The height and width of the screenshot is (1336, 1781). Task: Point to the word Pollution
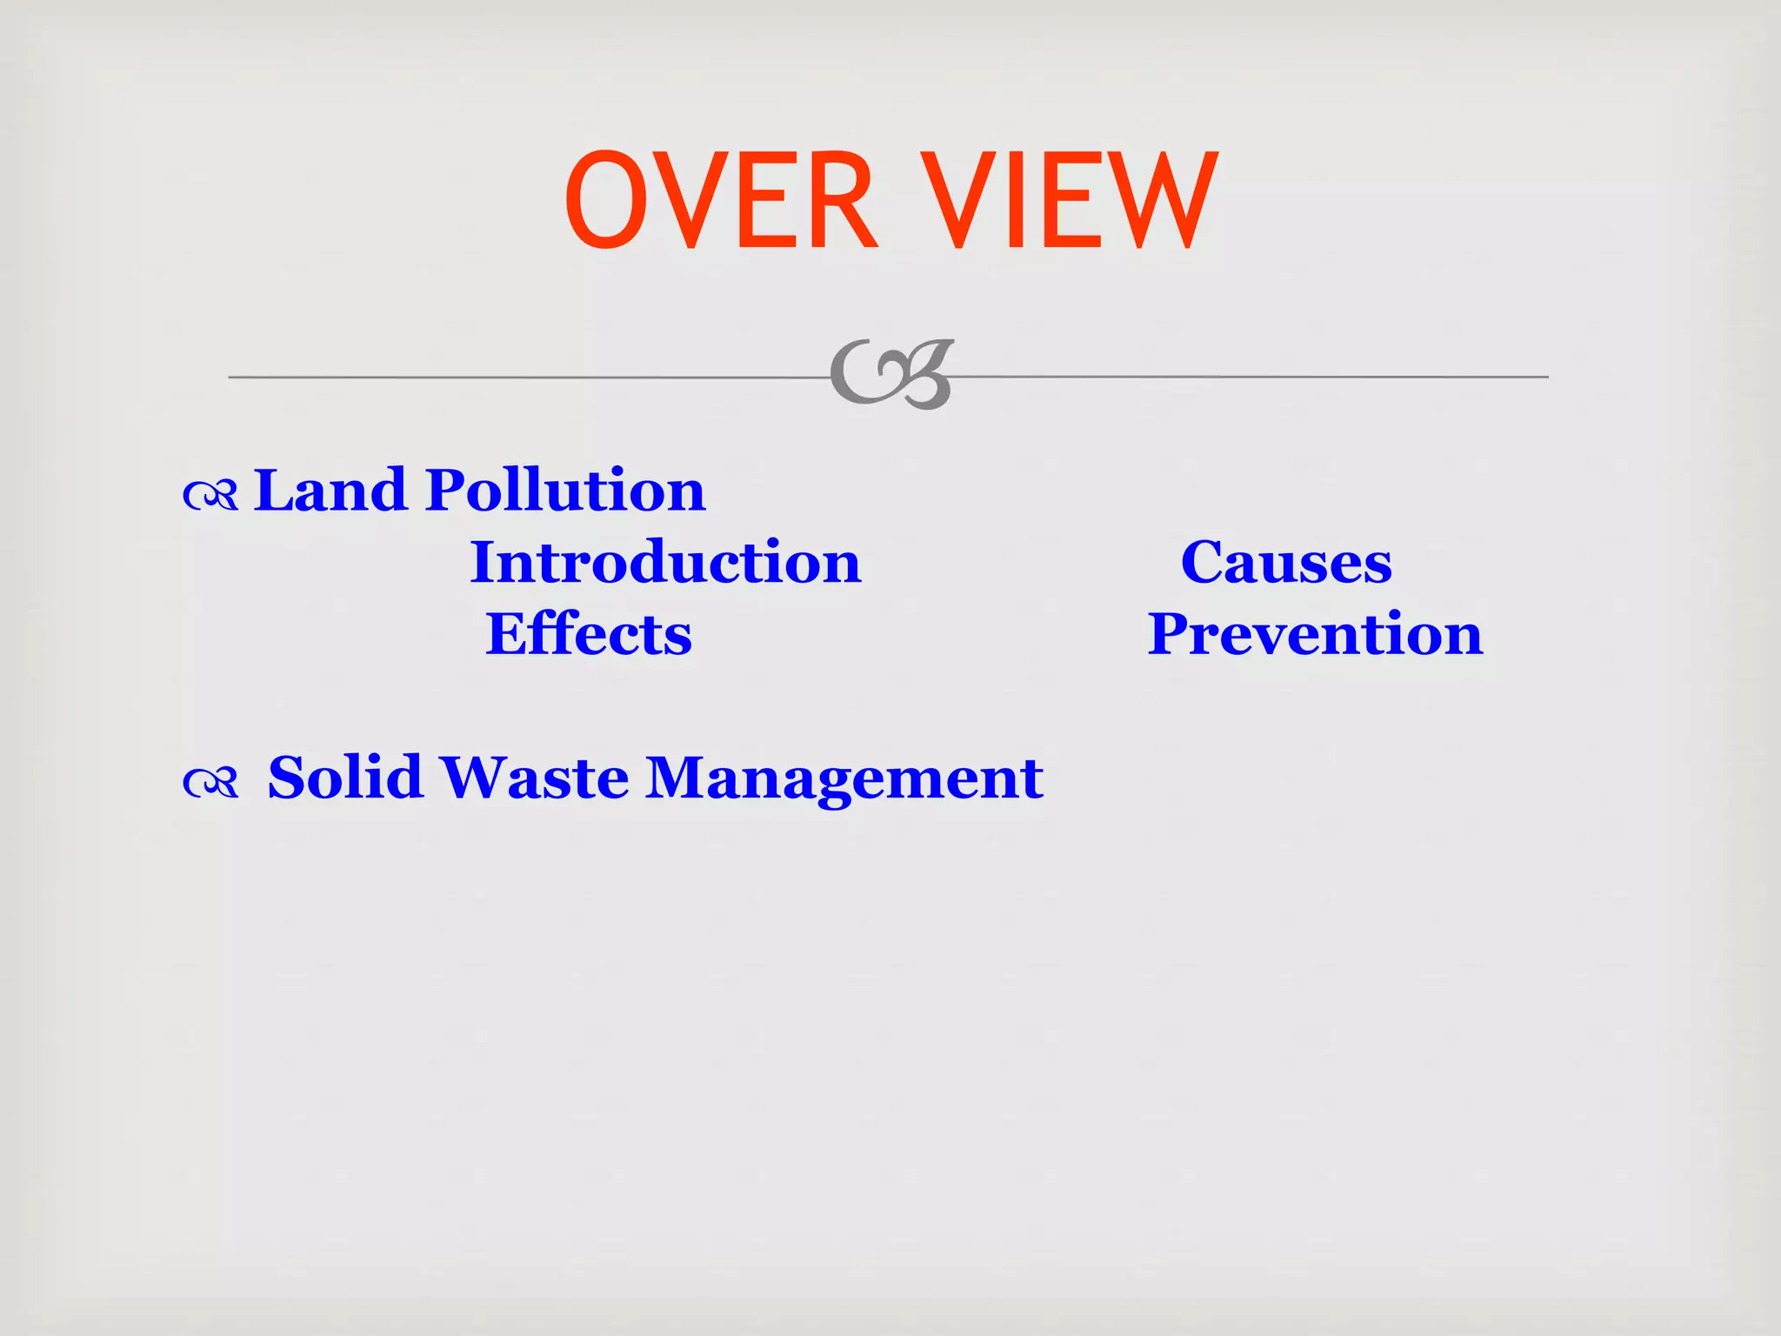click(565, 491)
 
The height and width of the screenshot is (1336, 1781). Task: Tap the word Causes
click(1286, 563)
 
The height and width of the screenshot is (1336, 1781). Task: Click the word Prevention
click(1315, 634)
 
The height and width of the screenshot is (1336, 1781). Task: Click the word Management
click(844, 778)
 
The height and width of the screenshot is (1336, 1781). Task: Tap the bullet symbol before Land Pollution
click(210, 496)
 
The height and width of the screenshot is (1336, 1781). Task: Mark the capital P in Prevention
click(1171, 634)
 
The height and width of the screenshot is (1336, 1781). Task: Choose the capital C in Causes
click(1204, 563)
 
